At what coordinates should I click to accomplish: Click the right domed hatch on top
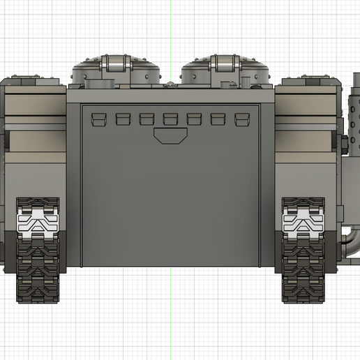pos(225,70)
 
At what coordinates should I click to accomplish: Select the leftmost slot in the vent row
pos(98,119)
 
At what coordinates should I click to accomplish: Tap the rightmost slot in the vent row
pos(242,119)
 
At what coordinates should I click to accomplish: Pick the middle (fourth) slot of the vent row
pos(170,119)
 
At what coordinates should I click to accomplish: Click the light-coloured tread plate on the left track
pos(37,223)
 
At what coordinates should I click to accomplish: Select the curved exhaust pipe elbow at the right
pos(353,241)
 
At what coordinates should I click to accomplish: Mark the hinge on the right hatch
pos(225,66)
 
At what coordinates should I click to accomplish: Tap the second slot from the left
pos(123,119)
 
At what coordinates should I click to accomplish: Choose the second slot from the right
pos(218,119)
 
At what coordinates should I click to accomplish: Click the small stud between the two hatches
pos(170,84)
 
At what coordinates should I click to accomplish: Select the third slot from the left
pos(147,119)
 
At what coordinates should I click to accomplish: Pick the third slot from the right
pos(194,119)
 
